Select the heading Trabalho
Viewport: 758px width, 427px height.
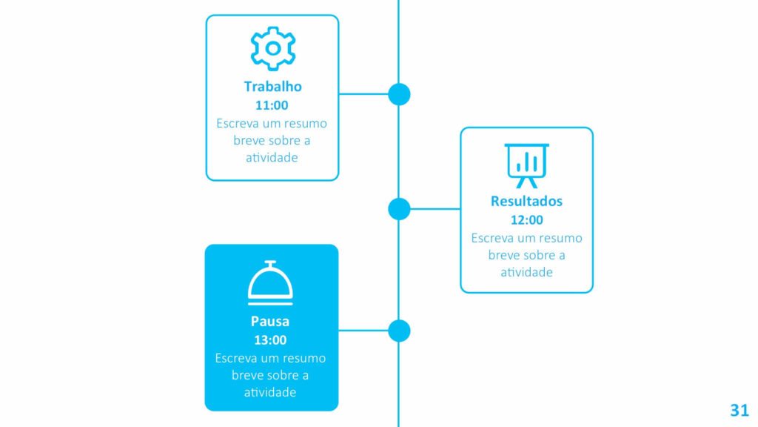click(272, 87)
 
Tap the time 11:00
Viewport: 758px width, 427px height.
click(272, 105)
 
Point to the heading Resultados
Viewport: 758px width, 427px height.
click(526, 201)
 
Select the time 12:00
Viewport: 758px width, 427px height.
click(526, 219)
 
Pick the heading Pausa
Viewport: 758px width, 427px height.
click(269, 321)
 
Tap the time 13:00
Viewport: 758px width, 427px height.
click(270, 340)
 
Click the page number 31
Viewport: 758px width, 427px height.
click(739, 410)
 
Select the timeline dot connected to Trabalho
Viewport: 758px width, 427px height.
click(399, 94)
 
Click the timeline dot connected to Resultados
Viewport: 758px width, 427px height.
click(399, 209)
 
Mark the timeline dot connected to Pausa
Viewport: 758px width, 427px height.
click(399, 331)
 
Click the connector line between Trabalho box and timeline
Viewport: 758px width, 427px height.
click(363, 94)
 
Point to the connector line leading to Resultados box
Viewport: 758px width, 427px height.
click(435, 209)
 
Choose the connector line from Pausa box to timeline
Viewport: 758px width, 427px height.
click(363, 331)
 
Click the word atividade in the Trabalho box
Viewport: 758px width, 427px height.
click(272, 157)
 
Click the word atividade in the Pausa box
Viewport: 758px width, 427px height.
click(269, 392)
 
